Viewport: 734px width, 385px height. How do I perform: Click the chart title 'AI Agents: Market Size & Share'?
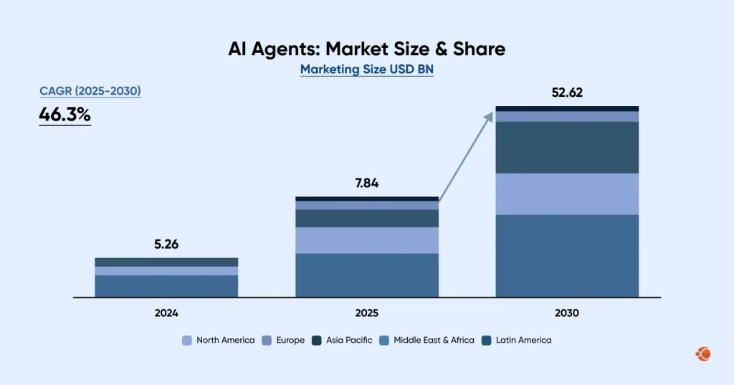[x=366, y=49]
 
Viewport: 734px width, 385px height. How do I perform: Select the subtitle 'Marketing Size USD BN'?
[x=366, y=70]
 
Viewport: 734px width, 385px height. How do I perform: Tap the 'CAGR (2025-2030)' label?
[x=90, y=91]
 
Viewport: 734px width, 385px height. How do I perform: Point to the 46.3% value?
[x=65, y=115]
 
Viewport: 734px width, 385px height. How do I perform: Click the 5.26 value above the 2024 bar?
[x=166, y=244]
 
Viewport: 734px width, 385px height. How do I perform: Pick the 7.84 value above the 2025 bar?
[x=366, y=183]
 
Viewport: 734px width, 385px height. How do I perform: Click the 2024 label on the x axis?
[x=166, y=313]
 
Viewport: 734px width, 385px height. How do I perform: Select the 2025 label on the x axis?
[x=366, y=313]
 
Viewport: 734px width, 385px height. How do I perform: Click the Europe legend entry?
[x=283, y=340]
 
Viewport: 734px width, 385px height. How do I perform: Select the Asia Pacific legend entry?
[x=342, y=340]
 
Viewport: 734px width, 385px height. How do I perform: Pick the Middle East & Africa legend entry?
[x=426, y=340]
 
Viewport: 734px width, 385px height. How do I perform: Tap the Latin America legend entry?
[x=516, y=340]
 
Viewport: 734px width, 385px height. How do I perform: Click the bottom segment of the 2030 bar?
[x=567, y=255]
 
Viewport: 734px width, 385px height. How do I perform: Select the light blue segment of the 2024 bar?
[x=166, y=271]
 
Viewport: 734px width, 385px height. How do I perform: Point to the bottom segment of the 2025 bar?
[x=366, y=275]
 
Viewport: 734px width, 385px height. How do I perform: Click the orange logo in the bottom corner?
[x=703, y=353]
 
